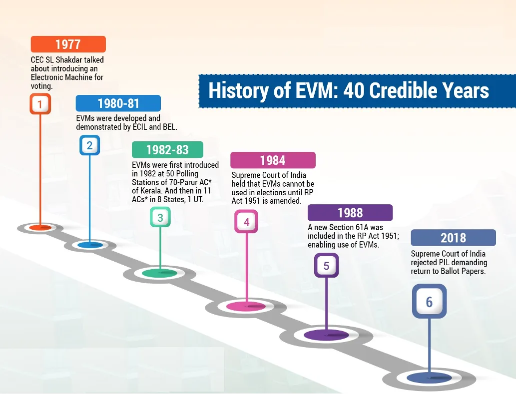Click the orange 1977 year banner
pos(68,44)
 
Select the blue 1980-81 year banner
pos(118,103)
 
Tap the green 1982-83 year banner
pos(167,150)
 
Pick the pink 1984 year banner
pos(273,160)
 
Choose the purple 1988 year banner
pos(350,213)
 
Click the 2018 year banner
pos(453,238)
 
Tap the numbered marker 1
pos(40,104)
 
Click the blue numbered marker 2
pos(89,145)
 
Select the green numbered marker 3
pos(160,217)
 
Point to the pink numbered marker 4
pos(246,222)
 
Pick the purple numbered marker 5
pos(326,265)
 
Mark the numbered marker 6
pos(429,302)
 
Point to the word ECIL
pos(139,127)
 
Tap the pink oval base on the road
pos(246,306)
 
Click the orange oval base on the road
pos(40,227)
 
